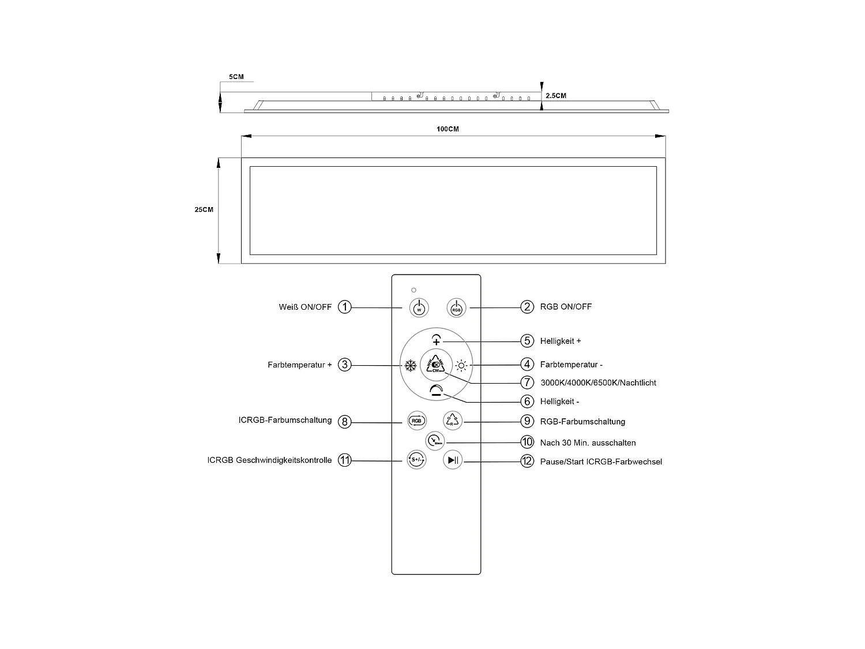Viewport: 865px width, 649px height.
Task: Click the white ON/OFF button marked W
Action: click(419, 308)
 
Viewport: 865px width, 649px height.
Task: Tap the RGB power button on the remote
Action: click(456, 308)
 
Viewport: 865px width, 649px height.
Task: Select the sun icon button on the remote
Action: click(461, 365)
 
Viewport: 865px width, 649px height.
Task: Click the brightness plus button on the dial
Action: click(436, 340)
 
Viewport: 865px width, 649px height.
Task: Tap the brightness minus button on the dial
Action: click(437, 391)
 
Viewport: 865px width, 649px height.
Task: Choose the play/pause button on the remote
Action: click(453, 460)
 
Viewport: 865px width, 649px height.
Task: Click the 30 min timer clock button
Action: click(435, 441)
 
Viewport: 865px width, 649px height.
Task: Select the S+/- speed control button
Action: click(416, 460)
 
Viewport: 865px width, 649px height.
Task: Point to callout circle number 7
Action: click(526, 382)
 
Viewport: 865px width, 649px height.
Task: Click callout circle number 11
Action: click(344, 460)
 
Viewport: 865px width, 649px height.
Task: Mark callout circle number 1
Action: click(344, 307)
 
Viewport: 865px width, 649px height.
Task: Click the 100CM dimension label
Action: click(447, 129)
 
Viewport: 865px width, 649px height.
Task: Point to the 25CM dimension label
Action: click(204, 210)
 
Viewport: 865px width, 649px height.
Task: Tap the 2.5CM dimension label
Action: click(556, 96)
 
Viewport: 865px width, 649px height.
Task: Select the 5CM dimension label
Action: click(236, 77)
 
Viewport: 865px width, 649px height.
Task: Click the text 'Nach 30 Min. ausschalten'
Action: click(588, 443)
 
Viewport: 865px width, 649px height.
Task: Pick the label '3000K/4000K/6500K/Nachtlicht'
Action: click(598, 383)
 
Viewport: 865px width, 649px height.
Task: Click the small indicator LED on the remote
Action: click(413, 290)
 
